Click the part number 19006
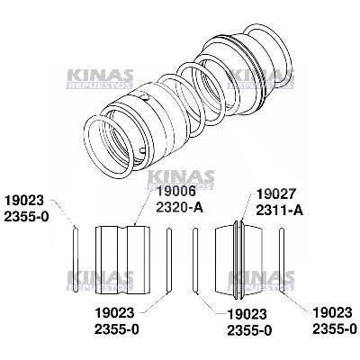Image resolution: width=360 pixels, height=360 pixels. coord(162,192)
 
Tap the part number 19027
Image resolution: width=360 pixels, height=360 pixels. coord(274,193)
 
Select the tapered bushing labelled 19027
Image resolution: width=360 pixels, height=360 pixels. coord(240,261)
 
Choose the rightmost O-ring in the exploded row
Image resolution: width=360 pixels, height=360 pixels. coord(283,262)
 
